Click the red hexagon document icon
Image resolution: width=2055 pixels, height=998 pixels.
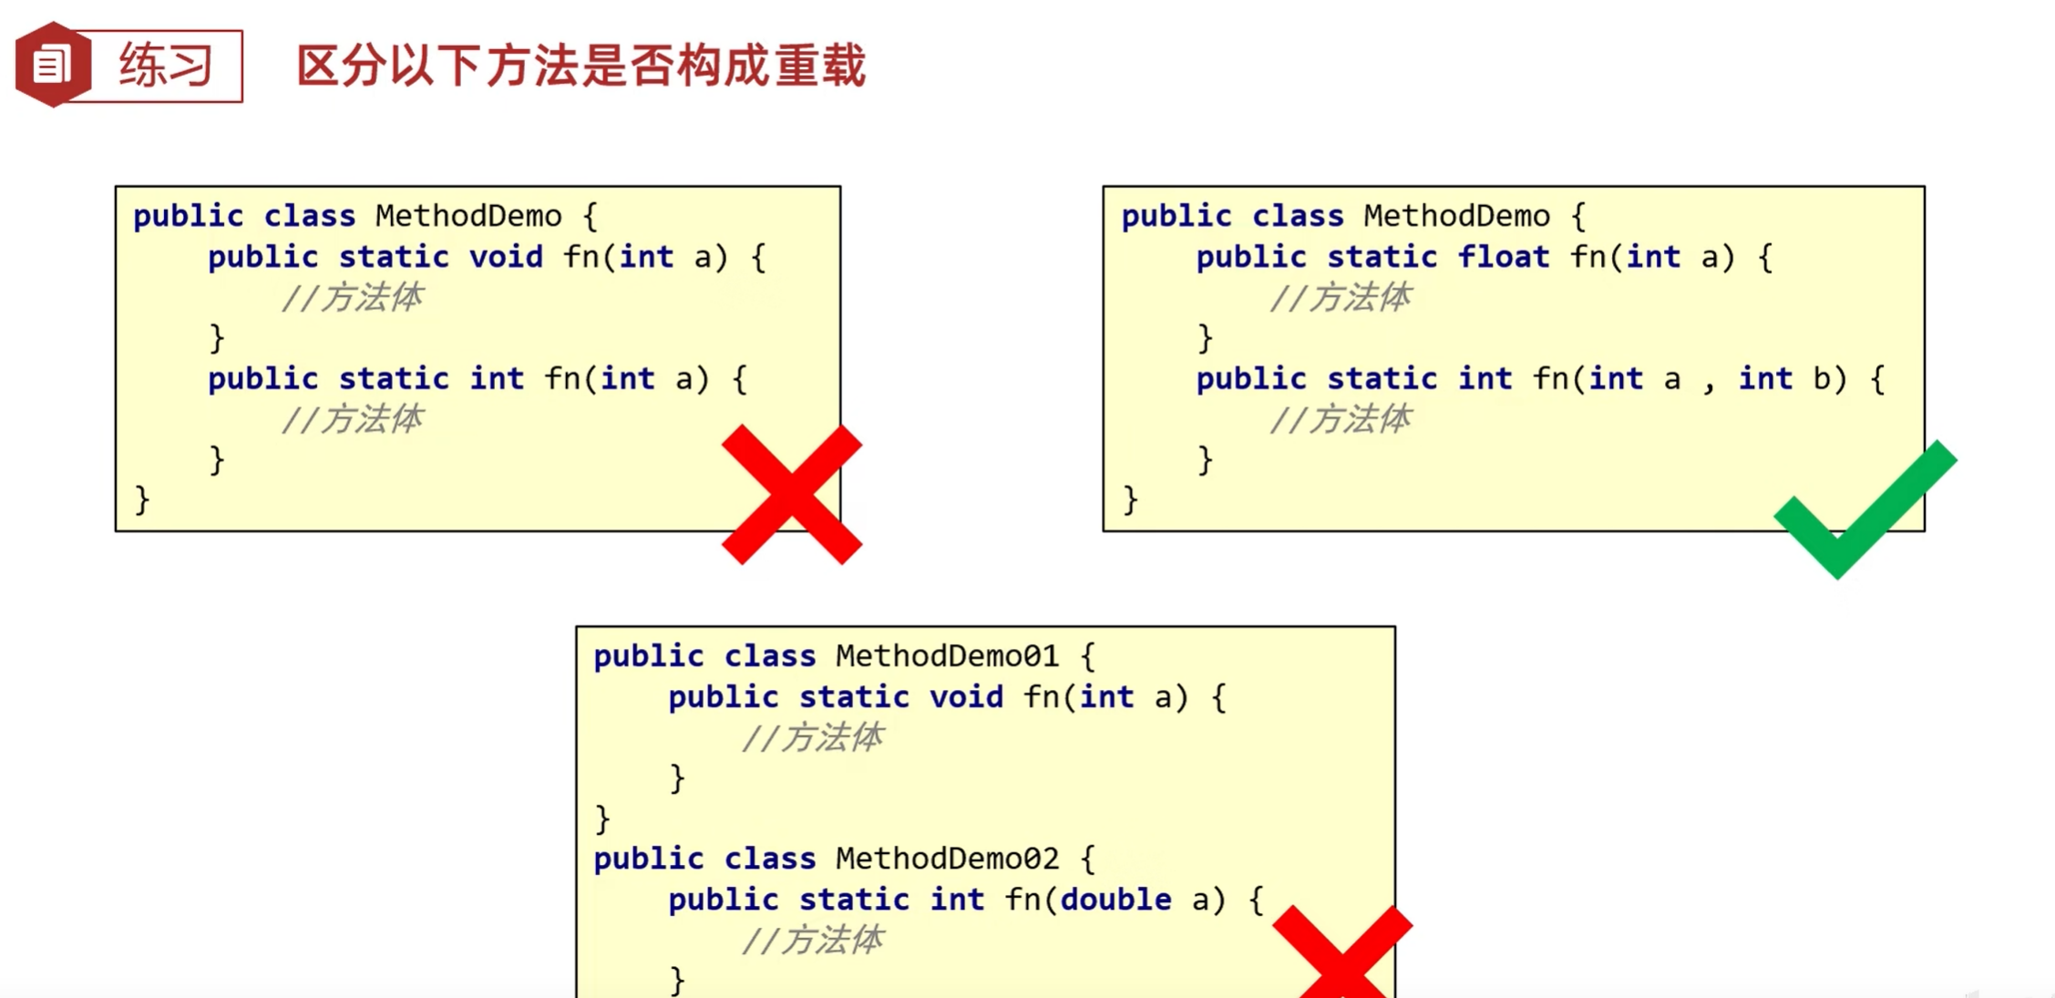52,65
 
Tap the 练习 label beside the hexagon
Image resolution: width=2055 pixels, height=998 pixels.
165,66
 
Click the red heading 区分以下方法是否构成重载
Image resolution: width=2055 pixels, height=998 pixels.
581,67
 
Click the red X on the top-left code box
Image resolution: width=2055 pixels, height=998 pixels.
791,494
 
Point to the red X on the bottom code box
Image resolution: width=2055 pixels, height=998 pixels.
1341,952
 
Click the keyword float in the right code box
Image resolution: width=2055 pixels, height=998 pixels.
1503,258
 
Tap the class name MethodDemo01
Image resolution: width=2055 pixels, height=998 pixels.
947,656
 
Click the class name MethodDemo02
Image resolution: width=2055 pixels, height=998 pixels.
947,859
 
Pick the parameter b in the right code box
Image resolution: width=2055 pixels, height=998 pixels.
1821,379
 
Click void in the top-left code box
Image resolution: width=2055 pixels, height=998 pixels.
506,258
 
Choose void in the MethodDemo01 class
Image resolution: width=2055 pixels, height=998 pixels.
966,698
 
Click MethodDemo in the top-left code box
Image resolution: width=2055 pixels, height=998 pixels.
468,217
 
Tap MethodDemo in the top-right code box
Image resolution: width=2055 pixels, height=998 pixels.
1456,217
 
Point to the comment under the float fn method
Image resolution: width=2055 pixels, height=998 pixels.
1340,298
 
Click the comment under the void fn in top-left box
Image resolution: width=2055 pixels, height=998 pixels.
352,298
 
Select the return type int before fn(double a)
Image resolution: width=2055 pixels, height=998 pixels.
957,900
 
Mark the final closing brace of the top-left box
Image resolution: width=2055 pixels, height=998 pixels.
141,500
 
